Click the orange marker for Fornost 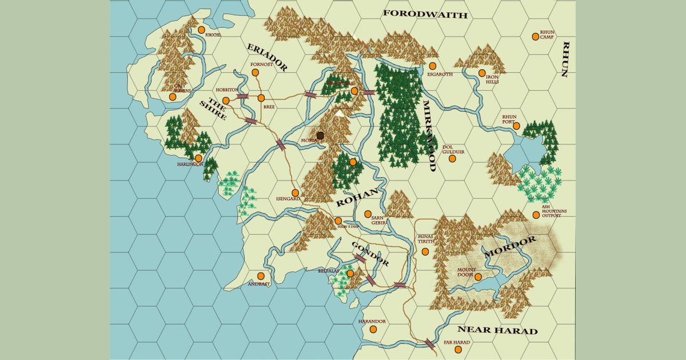[256, 73]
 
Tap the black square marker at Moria [321, 135]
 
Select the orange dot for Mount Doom [478, 277]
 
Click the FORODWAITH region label [425, 14]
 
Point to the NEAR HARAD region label [497, 330]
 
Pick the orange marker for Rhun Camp [536, 37]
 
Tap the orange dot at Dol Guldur [452, 158]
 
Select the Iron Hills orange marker [482, 73]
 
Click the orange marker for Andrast [261, 276]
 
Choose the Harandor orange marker [373, 329]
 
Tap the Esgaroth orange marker [433, 66]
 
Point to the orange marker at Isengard [295, 193]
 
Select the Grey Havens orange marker [173, 97]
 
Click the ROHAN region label [357, 197]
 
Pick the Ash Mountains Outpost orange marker [536, 215]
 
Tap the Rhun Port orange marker [516, 126]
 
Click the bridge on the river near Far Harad [429, 343]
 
